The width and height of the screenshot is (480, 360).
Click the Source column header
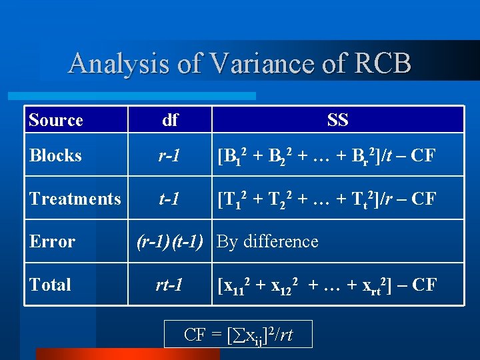[56, 120]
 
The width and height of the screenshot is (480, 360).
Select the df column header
[170, 120]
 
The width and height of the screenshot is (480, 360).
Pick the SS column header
[337, 120]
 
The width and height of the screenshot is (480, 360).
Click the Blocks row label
[55, 155]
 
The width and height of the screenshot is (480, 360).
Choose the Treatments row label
[75, 198]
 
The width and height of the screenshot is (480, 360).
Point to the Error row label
[52, 241]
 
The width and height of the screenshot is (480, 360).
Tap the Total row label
[50, 285]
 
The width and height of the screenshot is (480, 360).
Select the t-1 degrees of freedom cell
[170, 198]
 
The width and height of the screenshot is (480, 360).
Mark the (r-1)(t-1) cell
[170, 241]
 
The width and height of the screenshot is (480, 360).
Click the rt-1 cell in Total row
[170, 285]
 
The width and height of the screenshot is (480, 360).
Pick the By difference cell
[268, 241]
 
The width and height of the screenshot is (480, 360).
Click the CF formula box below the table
[238, 334]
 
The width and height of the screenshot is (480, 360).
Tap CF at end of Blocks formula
[422, 156]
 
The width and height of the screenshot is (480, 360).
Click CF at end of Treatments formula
[423, 199]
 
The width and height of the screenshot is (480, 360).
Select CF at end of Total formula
[423, 285]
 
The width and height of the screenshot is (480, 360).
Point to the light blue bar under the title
[140, 96]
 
